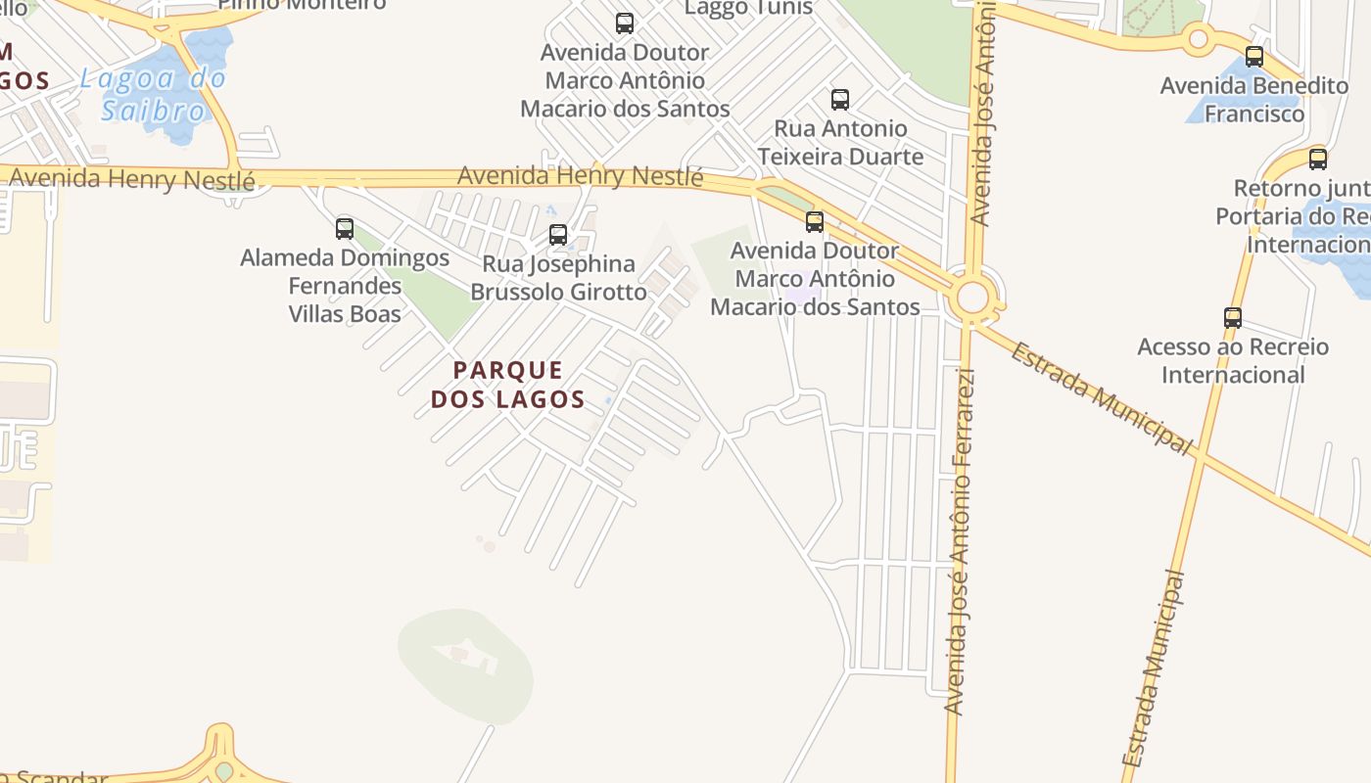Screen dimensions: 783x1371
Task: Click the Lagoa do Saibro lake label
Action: pyautogui.click(x=154, y=94)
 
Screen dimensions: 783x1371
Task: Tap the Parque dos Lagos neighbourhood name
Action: pyautogui.click(x=508, y=385)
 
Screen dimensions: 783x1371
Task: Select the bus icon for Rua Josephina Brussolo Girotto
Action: pyautogui.click(x=558, y=235)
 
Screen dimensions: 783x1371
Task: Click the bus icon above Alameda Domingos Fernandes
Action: pyautogui.click(x=345, y=229)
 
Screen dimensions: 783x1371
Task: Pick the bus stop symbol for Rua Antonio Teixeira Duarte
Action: pyautogui.click(x=840, y=99)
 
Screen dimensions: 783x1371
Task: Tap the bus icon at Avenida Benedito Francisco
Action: pyautogui.click(x=1254, y=57)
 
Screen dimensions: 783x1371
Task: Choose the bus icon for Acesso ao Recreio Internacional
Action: pyautogui.click(x=1233, y=318)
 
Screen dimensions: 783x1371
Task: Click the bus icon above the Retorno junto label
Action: pyautogui.click(x=1318, y=159)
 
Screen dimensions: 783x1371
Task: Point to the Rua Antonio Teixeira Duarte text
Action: pyautogui.click(x=840, y=143)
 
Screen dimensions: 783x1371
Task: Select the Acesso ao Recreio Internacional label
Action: pyautogui.click(x=1233, y=360)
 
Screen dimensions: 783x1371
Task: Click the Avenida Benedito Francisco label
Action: pyautogui.click(x=1254, y=100)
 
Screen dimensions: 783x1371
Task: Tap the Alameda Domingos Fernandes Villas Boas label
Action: pyautogui.click(x=345, y=286)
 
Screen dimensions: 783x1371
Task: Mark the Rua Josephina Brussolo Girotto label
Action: pyautogui.click(x=558, y=278)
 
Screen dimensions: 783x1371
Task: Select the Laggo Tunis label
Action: pyautogui.click(x=748, y=8)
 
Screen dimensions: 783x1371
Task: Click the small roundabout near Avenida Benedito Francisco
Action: pyautogui.click(x=1198, y=40)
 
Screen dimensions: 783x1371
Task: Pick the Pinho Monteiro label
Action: pyautogui.click(x=302, y=4)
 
